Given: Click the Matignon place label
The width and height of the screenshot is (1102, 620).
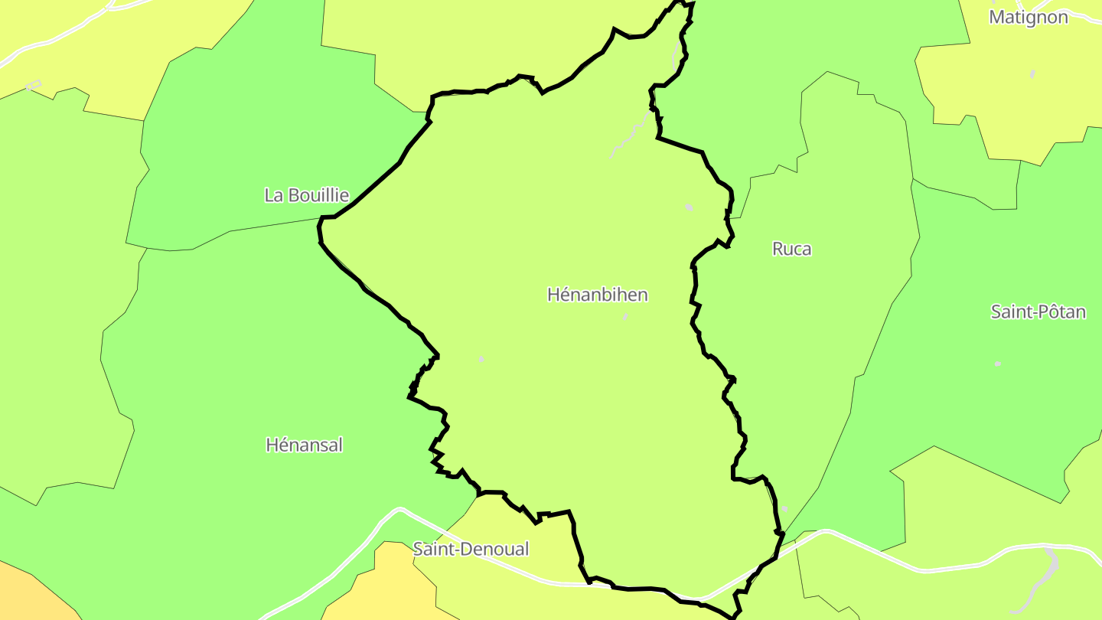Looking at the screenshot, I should tap(1028, 17).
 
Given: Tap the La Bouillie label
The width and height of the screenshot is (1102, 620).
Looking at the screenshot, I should tap(306, 195).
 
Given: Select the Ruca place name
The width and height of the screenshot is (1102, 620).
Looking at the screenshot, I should tap(791, 249).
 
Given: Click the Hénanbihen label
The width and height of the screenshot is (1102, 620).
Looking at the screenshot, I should tap(598, 295).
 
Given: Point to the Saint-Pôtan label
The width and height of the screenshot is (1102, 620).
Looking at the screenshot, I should tap(1038, 312).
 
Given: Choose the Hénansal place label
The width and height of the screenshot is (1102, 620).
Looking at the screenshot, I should tap(304, 445).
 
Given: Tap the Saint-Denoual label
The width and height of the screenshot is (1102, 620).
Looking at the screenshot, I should tap(471, 549).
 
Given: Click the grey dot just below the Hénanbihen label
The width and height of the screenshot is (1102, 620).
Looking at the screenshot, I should tap(625, 316).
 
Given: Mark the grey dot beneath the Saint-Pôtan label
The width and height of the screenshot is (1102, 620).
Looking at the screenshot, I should tap(997, 364).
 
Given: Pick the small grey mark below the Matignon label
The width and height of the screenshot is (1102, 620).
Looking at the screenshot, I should tap(1032, 74).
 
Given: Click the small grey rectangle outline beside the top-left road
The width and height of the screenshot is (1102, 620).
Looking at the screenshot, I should tap(33, 86).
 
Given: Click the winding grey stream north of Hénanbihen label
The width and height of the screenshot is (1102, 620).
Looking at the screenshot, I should tap(632, 134).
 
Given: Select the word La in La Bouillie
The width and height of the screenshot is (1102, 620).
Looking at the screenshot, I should tap(272, 195).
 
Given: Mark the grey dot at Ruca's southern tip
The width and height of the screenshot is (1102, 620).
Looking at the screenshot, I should tap(784, 508).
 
